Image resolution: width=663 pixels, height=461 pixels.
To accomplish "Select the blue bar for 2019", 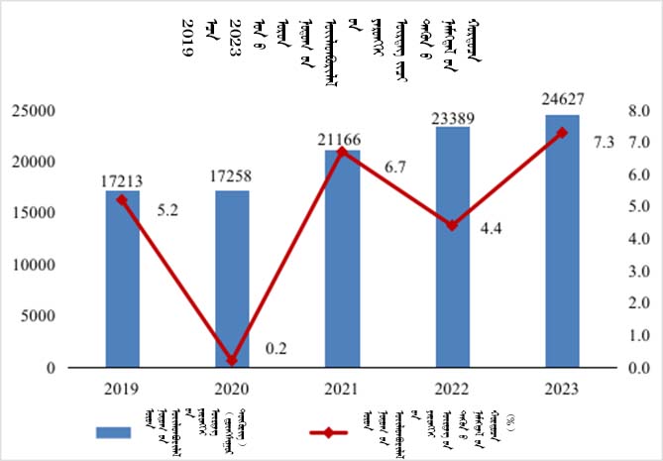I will (x=123, y=279).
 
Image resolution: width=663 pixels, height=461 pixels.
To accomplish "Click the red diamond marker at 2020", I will (x=232, y=360).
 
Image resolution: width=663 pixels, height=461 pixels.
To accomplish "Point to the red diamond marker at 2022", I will (x=452, y=225).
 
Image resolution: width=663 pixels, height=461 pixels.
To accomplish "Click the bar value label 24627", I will (x=562, y=99).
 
